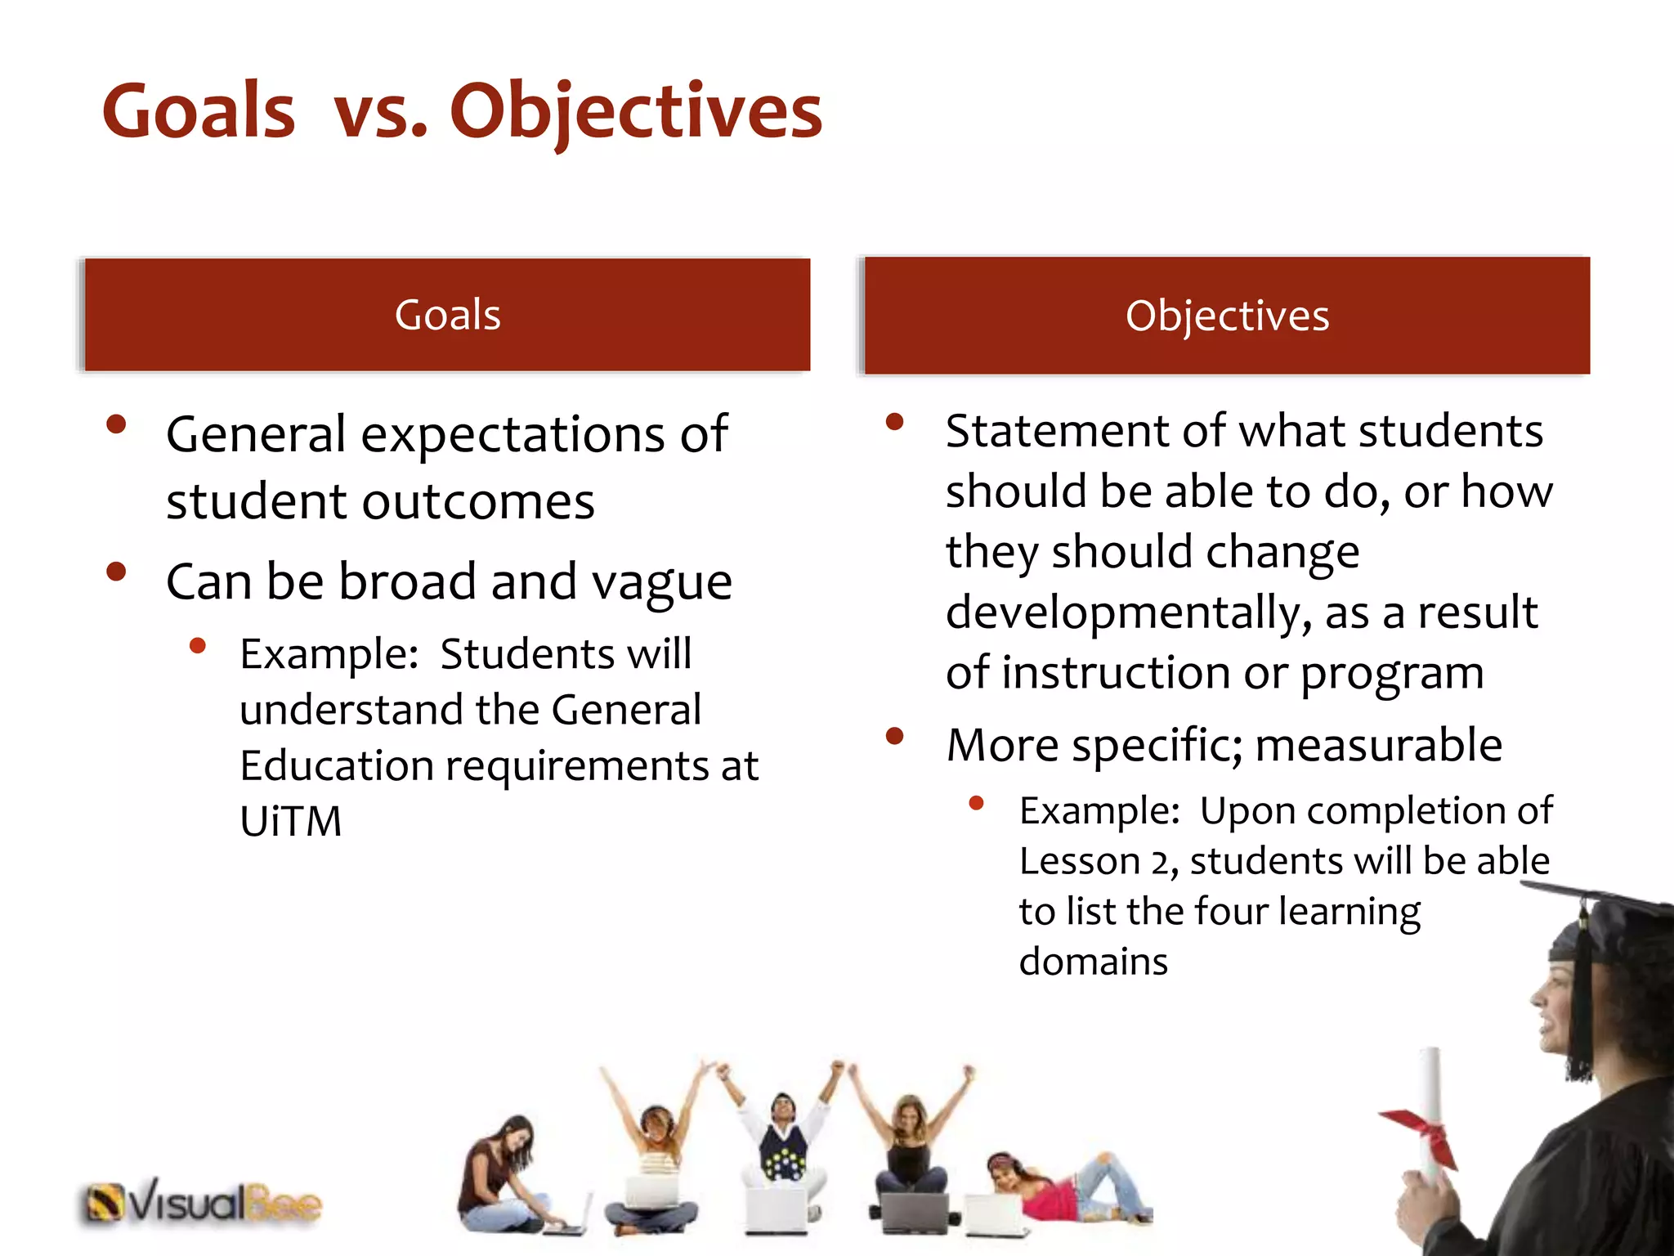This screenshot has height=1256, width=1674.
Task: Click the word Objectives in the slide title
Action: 635,112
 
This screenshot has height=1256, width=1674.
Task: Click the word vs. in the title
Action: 380,112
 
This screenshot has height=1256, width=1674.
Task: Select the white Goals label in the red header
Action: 447,315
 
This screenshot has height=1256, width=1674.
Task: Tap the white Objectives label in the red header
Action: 1227,316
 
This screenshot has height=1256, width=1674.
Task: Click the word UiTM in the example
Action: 290,821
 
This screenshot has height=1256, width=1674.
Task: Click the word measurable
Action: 1378,745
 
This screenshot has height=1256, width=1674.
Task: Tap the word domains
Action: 1093,962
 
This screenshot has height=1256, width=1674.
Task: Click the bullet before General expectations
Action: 116,424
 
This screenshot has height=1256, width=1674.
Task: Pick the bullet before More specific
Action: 894,736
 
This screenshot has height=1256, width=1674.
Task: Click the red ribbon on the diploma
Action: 1424,1133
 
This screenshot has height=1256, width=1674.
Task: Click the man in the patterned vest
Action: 782,1145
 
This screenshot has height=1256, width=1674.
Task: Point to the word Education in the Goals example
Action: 336,766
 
